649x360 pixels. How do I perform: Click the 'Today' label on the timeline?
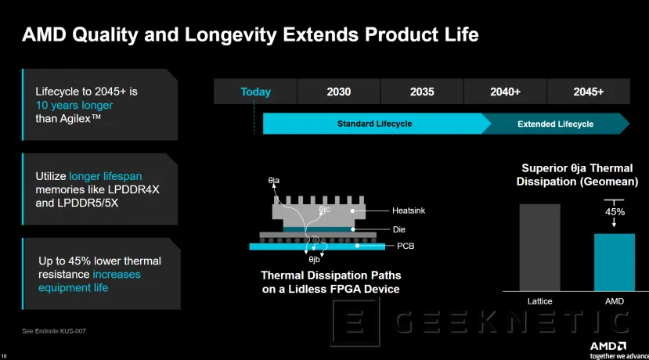tap(255, 92)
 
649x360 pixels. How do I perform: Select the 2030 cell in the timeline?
tap(338, 92)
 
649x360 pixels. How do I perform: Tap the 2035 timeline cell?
tap(422, 92)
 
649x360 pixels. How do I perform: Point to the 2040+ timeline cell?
tap(505, 92)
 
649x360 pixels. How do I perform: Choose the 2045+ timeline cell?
tap(588, 92)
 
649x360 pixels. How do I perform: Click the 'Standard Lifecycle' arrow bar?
tap(374, 124)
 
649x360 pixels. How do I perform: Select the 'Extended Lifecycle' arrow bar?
tap(555, 124)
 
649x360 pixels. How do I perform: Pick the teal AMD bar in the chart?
tap(614, 262)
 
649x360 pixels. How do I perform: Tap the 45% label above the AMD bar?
tap(615, 211)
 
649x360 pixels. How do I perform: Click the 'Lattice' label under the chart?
tap(539, 301)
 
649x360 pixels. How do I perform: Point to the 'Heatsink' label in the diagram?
tap(408, 211)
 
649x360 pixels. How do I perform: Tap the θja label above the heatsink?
tap(273, 181)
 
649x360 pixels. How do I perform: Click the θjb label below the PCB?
tap(315, 259)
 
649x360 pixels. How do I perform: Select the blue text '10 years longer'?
tap(74, 105)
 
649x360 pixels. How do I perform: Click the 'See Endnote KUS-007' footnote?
tap(54, 331)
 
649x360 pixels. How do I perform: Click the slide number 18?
tap(5, 353)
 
